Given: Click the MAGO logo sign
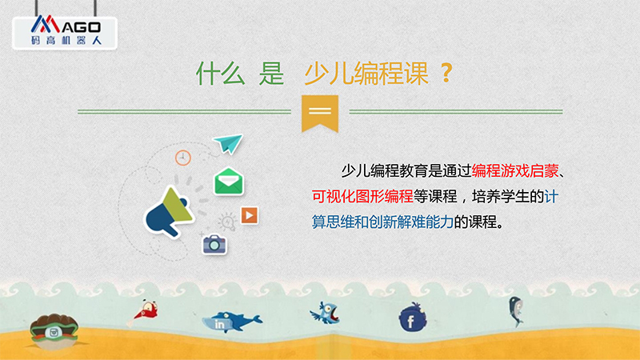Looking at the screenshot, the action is click(x=65, y=32).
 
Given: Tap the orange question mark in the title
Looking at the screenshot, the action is click(x=446, y=74).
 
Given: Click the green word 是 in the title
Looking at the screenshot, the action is click(x=271, y=74).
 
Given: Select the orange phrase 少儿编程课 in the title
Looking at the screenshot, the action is click(x=366, y=74).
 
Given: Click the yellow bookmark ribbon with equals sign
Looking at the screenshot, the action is click(x=320, y=113).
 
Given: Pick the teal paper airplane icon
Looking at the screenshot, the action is click(x=228, y=143).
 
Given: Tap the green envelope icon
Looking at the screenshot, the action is click(x=229, y=182).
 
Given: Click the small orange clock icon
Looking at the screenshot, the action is click(x=183, y=158).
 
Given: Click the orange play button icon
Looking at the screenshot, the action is click(x=250, y=215).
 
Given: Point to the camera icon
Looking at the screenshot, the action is click(x=214, y=244).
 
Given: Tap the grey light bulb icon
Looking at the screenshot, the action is click(x=227, y=222).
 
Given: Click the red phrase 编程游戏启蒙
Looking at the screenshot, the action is click(x=515, y=171).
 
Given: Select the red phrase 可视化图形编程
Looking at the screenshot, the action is click(x=362, y=196).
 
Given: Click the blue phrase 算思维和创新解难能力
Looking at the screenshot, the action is click(x=383, y=222).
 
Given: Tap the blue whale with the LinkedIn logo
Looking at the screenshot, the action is click(x=231, y=322).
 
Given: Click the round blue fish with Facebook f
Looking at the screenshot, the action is click(x=413, y=318).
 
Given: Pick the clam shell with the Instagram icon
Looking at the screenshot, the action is click(x=54, y=331).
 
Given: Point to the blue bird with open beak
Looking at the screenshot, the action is click(x=325, y=313).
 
